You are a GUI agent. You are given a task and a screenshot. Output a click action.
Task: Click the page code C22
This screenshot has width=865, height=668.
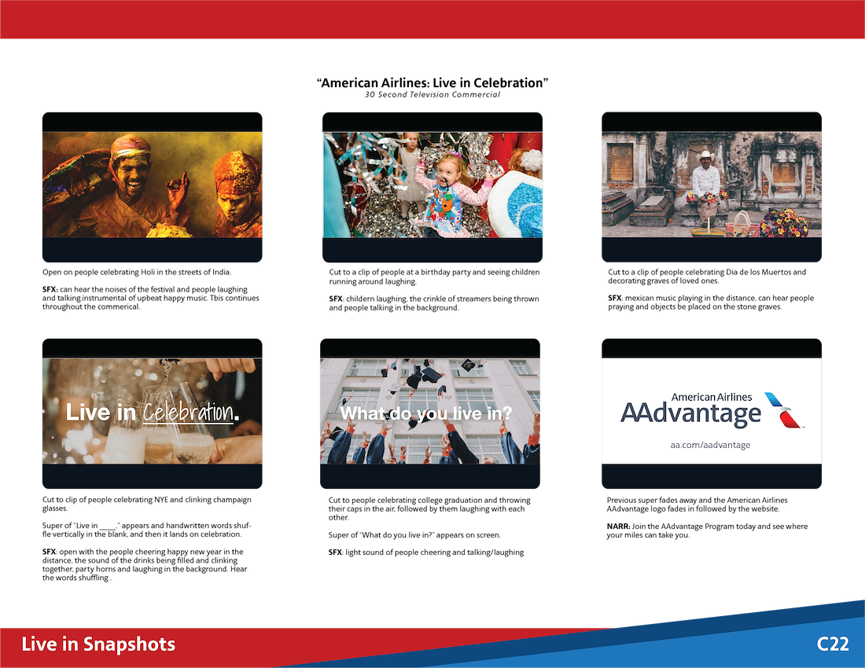click(x=833, y=644)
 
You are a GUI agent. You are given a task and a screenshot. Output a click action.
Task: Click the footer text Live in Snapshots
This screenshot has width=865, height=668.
click(x=98, y=644)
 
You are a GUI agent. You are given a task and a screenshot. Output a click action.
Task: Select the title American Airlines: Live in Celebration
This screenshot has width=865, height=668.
click(x=432, y=83)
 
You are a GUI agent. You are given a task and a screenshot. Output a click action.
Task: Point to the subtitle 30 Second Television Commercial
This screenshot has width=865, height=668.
click(x=432, y=95)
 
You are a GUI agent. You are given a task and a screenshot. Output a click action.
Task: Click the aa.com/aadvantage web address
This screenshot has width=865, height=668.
click(x=710, y=445)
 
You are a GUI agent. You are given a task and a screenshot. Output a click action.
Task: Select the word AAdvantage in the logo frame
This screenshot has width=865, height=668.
click(x=690, y=413)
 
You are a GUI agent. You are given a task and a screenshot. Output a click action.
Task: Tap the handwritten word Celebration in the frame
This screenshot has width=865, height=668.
click(x=188, y=413)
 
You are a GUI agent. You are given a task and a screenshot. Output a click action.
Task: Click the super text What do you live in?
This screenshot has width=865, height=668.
click(x=426, y=413)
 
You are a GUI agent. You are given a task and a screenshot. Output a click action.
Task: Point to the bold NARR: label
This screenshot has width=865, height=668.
click(x=618, y=527)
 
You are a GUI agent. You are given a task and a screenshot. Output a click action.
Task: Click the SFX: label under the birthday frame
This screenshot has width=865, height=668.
click(x=337, y=299)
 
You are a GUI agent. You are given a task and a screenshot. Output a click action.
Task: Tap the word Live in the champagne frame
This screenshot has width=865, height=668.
click(x=88, y=413)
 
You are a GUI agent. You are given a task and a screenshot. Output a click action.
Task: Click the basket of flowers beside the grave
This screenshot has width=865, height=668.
click(x=782, y=223)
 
